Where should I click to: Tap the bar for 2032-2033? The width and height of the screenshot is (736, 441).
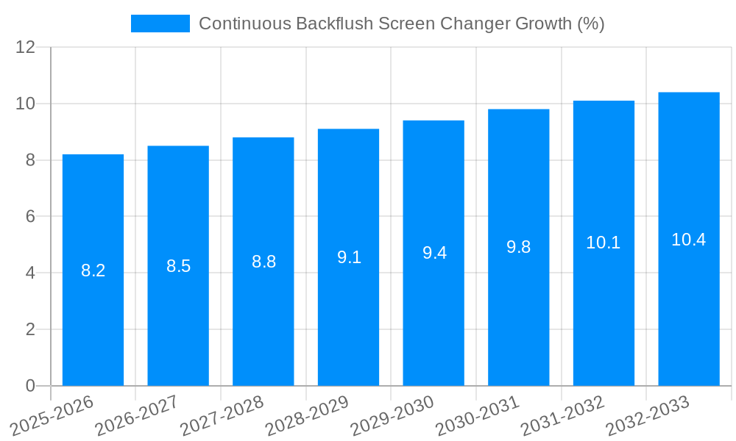[689, 309]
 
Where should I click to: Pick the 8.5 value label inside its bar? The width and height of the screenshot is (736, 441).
[178, 266]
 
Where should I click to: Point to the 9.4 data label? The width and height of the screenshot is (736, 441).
[434, 253]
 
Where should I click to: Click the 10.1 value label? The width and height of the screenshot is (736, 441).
[604, 243]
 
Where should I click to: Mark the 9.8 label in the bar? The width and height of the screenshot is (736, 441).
[519, 247]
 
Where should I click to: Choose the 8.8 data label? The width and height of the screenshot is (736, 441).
[263, 262]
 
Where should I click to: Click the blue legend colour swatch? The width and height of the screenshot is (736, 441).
[160, 24]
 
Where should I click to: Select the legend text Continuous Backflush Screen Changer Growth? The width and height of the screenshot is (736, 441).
[401, 24]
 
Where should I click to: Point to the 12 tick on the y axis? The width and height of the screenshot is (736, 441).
[26, 47]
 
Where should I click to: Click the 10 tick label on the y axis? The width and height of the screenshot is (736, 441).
[26, 104]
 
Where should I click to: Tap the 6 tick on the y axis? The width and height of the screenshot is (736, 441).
[30, 217]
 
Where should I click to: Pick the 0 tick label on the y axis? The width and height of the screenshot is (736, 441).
[30, 386]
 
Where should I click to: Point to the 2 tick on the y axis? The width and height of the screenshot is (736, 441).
[30, 329]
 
